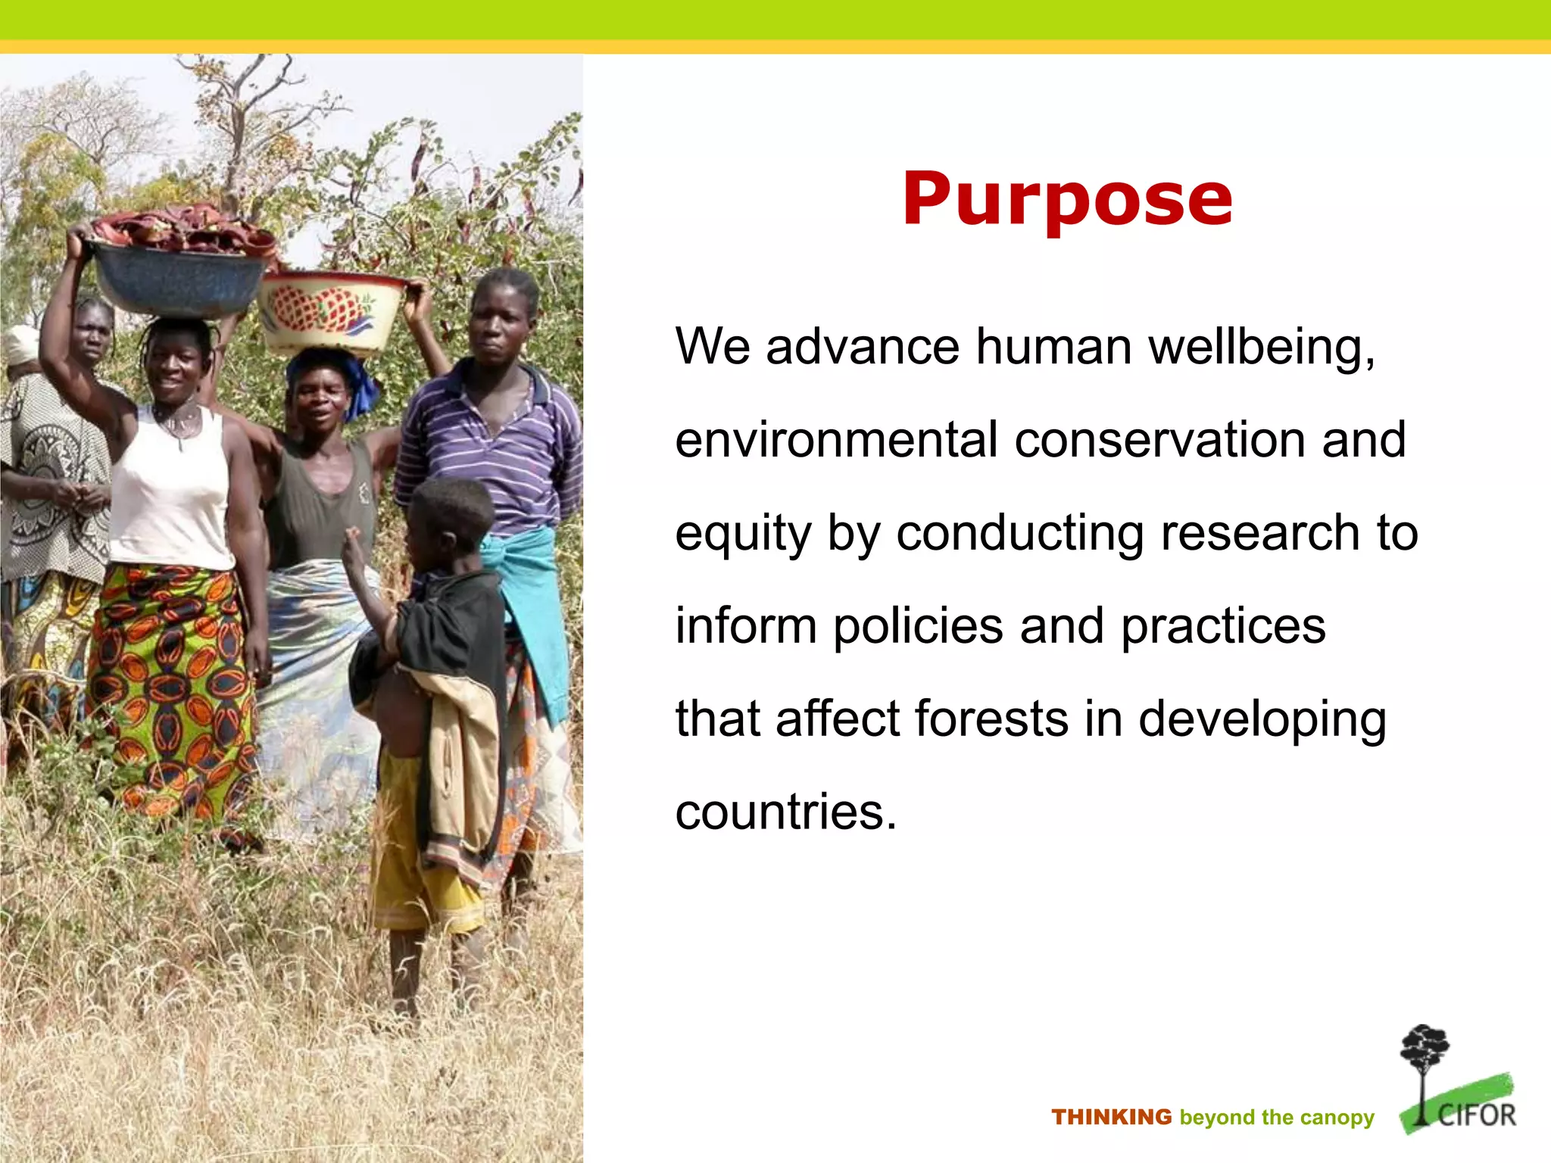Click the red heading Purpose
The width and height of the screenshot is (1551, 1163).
(1067, 198)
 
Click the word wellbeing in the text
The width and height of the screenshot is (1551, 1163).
(1261, 348)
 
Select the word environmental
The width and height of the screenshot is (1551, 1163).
(836, 440)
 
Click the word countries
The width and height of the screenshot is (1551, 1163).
(785, 812)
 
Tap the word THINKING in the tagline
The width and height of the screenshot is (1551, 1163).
(1111, 1117)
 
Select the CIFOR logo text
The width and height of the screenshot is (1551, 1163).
(1476, 1115)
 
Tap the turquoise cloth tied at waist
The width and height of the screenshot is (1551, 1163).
(530, 598)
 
